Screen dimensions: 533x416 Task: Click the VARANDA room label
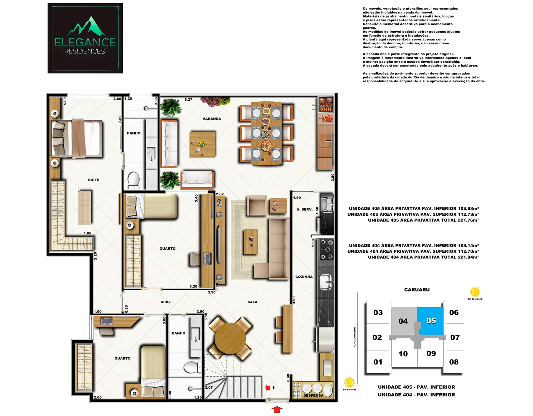click(x=212, y=119)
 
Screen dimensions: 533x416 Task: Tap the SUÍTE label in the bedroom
click(x=94, y=180)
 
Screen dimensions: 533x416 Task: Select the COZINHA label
click(x=304, y=277)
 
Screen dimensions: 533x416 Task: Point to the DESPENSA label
click(x=313, y=395)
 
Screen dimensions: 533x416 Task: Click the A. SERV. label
click(x=305, y=209)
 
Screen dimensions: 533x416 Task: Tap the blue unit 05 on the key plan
click(x=431, y=321)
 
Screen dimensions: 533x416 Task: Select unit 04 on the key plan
click(x=403, y=321)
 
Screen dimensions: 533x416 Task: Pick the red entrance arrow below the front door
click(x=277, y=409)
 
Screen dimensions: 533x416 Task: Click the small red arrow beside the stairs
click(x=268, y=387)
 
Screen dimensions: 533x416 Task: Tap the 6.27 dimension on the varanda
click(x=188, y=100)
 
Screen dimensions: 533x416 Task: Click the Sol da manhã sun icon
click(x=475, y=292)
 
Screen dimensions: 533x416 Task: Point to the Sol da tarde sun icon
click(x=350, y=382)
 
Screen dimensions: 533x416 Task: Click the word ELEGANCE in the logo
click(x=85, y=42)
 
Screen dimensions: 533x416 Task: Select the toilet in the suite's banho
click(x=134, y=180)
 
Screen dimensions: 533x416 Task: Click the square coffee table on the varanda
click(x=202, y=144)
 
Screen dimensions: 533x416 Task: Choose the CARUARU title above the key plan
click(x=417, y=290)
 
